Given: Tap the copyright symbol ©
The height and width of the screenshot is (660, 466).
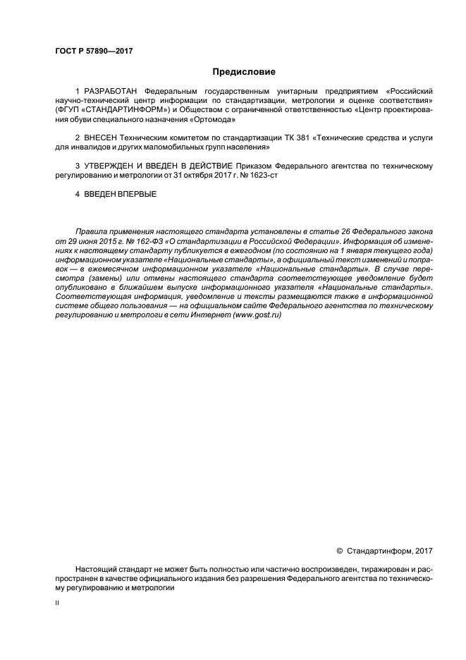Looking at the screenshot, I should pos(340,551).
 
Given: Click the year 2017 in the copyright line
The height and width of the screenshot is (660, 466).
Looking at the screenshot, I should pos(424,551).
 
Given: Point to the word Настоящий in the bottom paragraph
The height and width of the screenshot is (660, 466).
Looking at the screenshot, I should pos(95,569).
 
